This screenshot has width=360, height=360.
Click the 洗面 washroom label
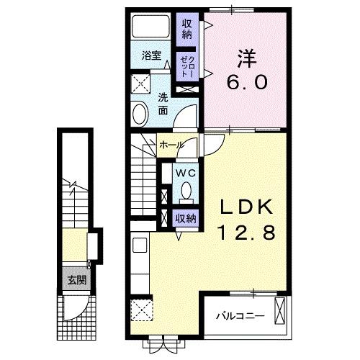click(x=163, y=104)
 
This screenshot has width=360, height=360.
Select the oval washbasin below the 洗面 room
click(x=139, y=113)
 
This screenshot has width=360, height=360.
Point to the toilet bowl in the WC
click(x=185, y=191)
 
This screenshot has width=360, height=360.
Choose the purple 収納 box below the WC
click(x=185, y=217)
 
